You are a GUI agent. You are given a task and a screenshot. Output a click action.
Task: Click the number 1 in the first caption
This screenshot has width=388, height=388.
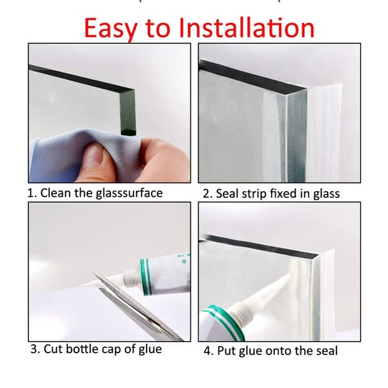tap(31, 193)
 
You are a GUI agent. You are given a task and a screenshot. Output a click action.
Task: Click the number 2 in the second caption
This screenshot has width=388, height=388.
tap(207, 194)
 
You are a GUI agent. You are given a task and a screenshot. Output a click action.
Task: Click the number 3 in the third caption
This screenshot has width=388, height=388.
tap(33, 349)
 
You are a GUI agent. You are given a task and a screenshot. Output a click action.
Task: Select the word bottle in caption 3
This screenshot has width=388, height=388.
tap(83, 349)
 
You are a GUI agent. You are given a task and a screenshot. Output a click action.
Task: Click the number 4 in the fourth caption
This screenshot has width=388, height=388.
tap(207, 351)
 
